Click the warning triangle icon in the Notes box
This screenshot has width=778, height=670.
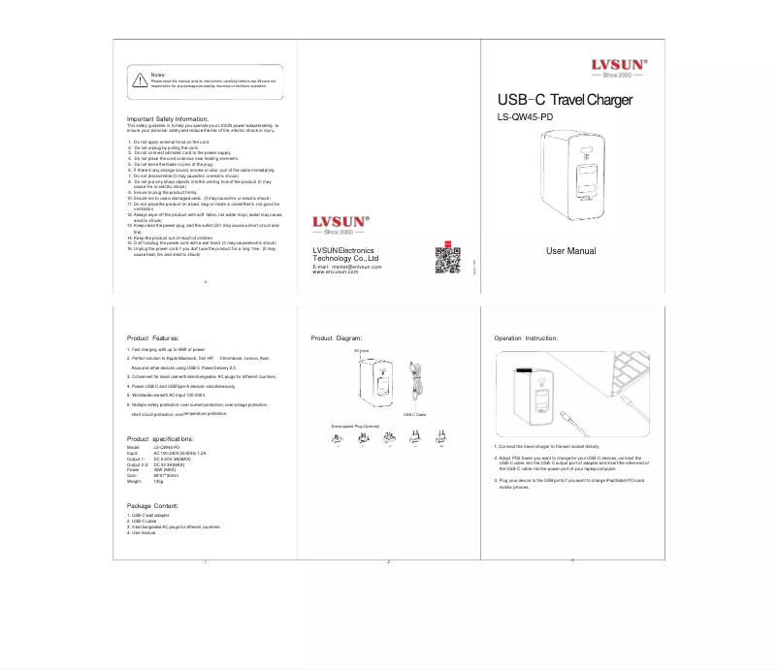(x=139, y=80)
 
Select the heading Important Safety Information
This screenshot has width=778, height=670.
(x=169, y=119)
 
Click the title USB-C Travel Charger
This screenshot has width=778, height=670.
(x=565, y=100)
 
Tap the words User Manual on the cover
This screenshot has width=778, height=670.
(x=570, y=251)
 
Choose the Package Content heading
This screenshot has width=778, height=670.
(x=152, y=506)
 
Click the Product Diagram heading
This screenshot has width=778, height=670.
(x=336, y=337)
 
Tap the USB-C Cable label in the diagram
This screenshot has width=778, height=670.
(x=415, y=414)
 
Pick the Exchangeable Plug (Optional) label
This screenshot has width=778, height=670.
(x=356, y=426)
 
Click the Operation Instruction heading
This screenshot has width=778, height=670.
(x=526, y=337)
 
